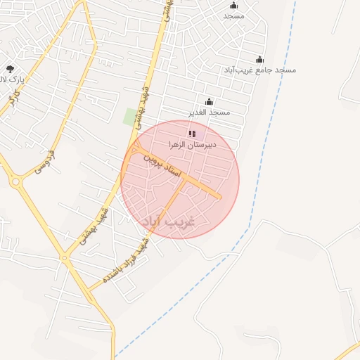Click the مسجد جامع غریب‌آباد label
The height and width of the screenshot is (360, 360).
[260, 70]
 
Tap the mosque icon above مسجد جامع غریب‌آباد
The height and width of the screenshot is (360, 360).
[260, 60]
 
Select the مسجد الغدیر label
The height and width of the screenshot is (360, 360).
[209, 112]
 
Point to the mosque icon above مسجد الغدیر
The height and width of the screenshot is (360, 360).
[208, 102]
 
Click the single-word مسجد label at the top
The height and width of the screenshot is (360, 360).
[233, 15]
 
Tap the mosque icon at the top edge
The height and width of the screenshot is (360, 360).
[233, 4]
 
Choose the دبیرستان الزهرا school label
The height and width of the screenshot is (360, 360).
[192, 144]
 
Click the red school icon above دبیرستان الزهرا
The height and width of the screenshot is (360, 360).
[192, 133]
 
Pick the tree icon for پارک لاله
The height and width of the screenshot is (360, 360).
[10, 69]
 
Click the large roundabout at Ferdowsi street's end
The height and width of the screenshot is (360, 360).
[15, 181]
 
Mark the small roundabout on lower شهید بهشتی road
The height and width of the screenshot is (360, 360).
[65, 258]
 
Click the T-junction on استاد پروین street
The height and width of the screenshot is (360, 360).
[185, 178]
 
